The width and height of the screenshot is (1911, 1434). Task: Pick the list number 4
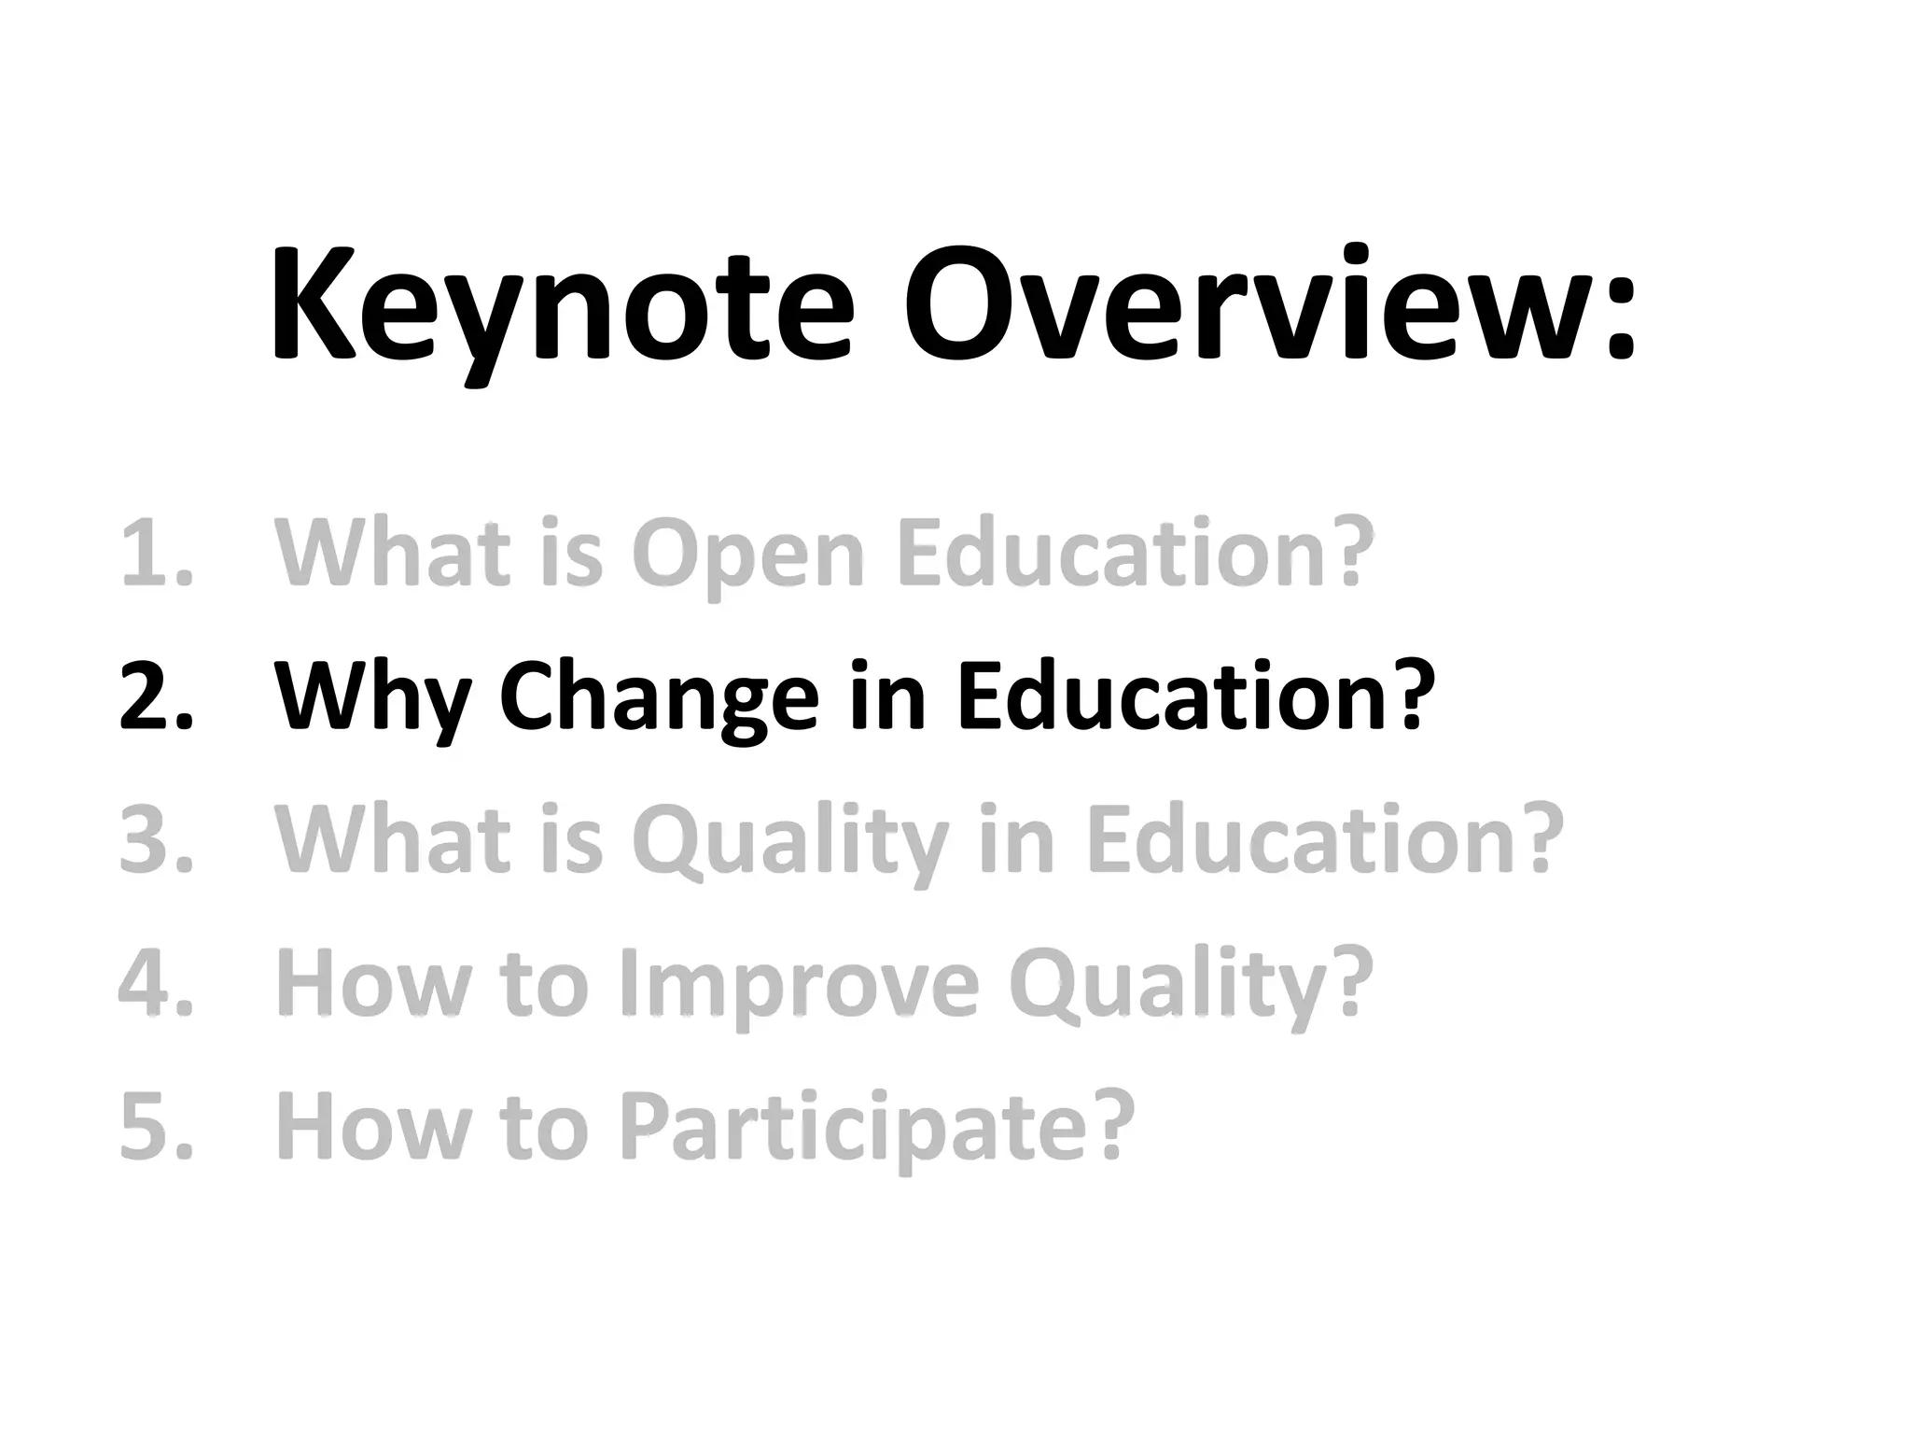(155, 983)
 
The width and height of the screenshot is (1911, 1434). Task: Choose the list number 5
(155, 1126)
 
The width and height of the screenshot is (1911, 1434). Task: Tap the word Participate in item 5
(876, 1126)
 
